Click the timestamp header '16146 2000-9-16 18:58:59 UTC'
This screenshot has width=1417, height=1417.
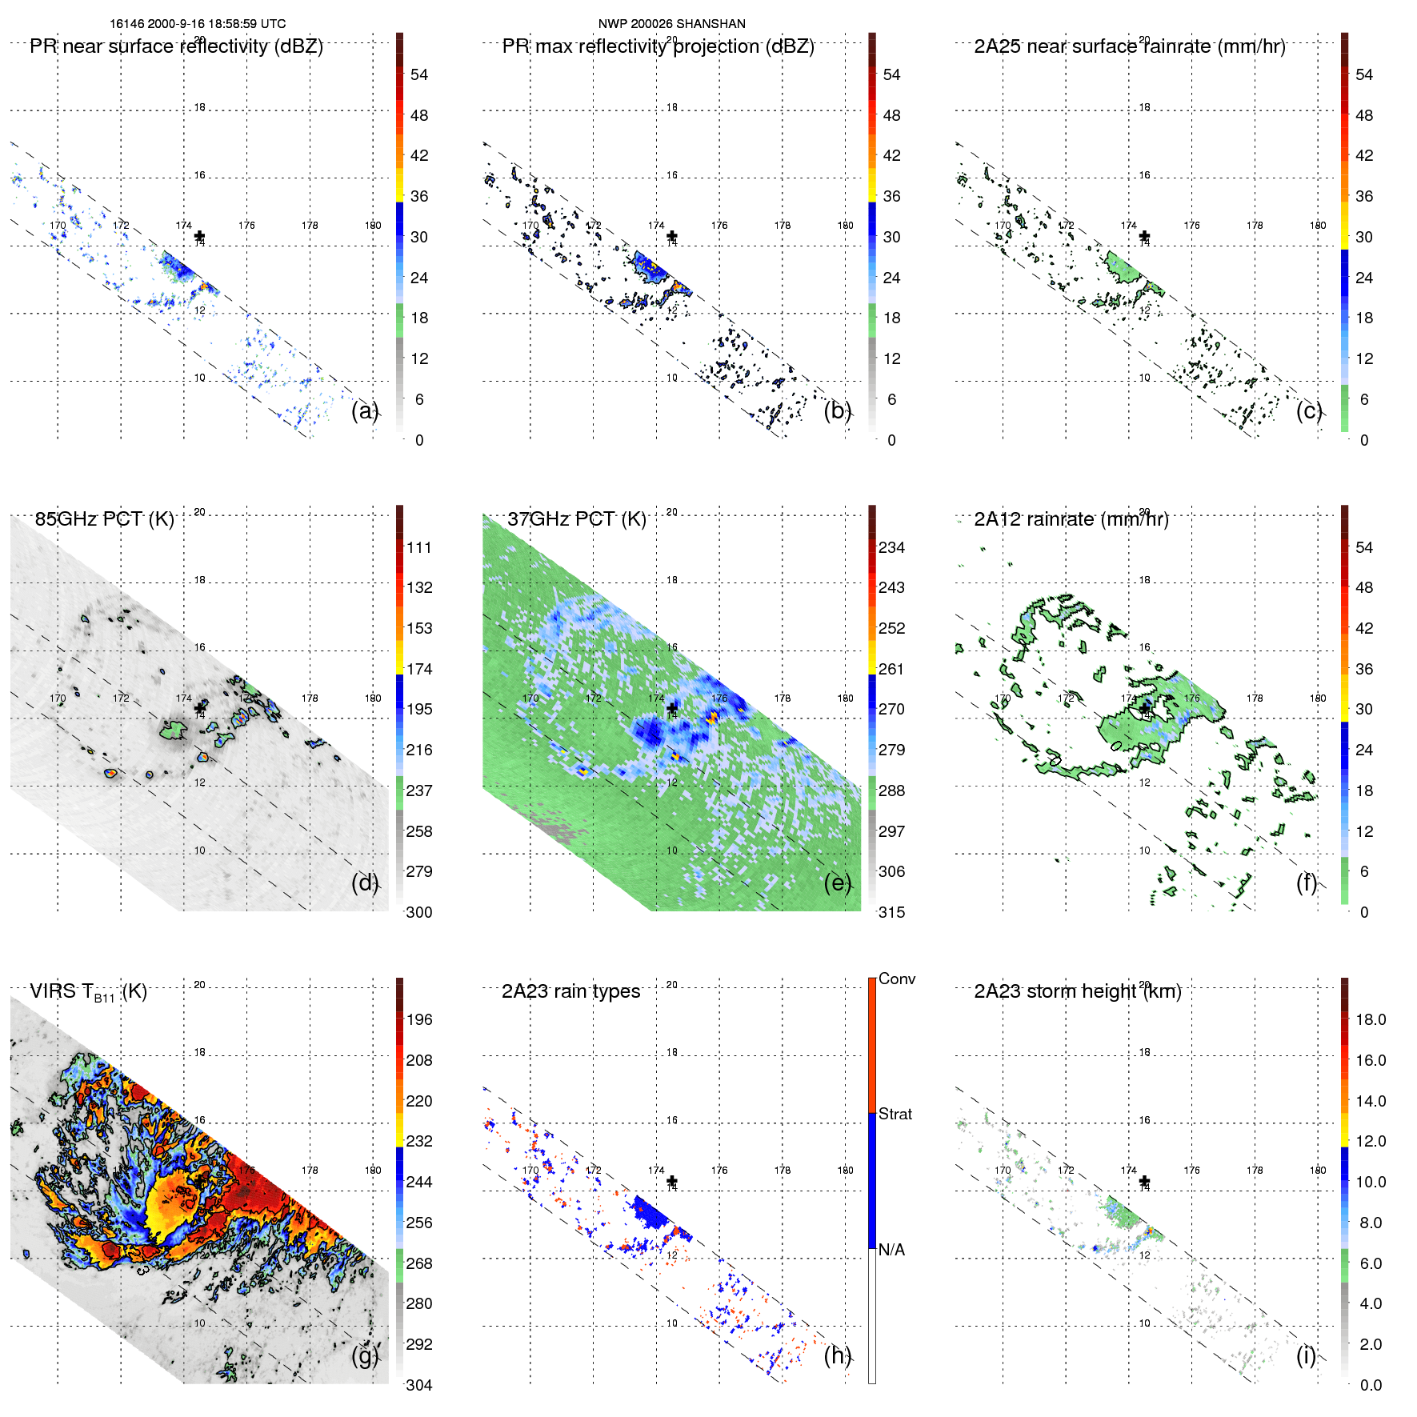(x=197, y=24)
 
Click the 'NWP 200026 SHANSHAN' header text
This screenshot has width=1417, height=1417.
(x=671, y=24)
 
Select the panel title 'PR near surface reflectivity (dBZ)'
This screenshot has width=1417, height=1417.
(x=176, y=46)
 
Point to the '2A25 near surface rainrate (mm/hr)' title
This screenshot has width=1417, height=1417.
(x=1129, y=46)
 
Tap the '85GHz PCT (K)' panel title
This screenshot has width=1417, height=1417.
(x=104, y=519)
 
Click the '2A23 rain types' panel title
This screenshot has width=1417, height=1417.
(x=570, y=991)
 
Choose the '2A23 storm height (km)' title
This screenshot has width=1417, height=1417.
(x=1077, y=991)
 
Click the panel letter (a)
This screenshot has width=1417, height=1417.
(x=364, y=410)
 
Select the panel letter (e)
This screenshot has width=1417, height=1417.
(x=837, y=883)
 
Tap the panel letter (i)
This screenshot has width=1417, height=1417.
(x=1306, y=1355)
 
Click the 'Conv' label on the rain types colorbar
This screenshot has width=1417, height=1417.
(x=896, y=979)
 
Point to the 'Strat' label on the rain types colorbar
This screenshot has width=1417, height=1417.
(x=895, y=1114)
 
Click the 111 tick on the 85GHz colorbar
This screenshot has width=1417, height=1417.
(x=418, y=547)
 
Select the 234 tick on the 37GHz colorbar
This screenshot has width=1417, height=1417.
(x=891, y=547)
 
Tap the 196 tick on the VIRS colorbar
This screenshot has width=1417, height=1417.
(x=418, y=1019)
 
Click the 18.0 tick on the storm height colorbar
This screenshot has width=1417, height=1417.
(x=1370, y=1019)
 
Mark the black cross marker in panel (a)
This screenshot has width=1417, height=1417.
(x=199, y=235)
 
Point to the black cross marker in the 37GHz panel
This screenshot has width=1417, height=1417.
(x=672, y=708)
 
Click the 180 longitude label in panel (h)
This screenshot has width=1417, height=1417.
(x=845, y=1170)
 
